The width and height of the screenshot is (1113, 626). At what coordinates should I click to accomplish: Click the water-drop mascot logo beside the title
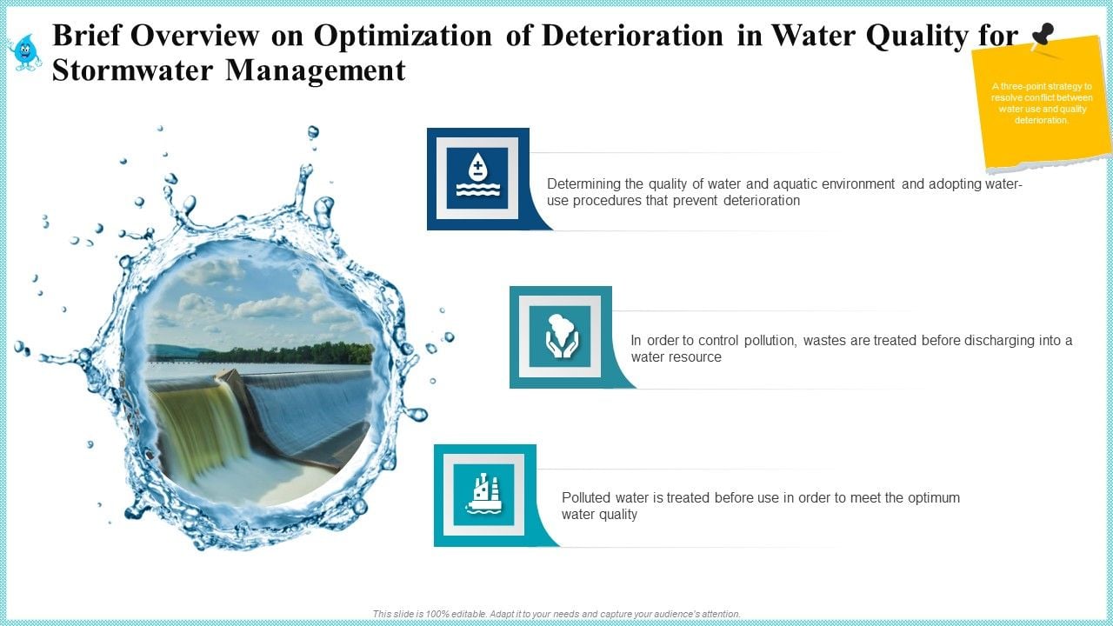coord(24,51)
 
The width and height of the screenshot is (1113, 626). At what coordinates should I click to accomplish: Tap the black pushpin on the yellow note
coord(1041,37)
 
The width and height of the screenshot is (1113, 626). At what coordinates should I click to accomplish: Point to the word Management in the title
coord(316,70)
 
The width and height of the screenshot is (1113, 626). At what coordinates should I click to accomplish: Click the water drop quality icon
coord(477,178)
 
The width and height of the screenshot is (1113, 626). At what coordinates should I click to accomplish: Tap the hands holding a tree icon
coord(560,336)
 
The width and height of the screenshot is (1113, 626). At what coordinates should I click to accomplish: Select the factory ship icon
coord(483,494)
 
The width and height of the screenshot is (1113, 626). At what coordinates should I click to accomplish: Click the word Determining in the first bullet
coord(583,184)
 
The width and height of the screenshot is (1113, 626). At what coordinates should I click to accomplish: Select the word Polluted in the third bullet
coord(586,498)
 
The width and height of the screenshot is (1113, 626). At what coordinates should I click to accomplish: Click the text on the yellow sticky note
coord(1041,103)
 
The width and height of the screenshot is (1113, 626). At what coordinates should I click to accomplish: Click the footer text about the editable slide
coord(556,614)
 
